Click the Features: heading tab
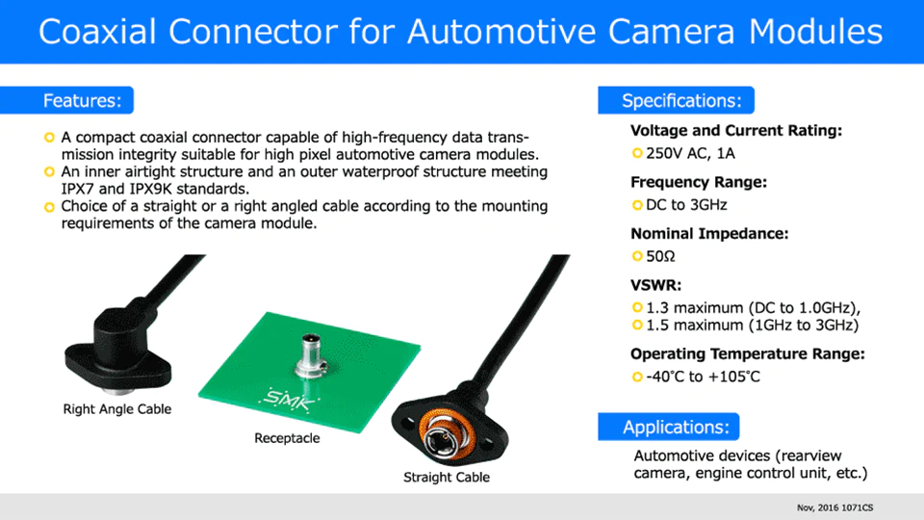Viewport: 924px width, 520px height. [x=66, y=100]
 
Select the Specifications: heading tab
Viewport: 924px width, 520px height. [x=676, y=100]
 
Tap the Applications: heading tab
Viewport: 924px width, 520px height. [x=668, y=427]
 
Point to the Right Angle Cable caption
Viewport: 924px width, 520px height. [x=117, y=409]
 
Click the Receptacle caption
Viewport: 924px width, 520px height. [x=287, y=438]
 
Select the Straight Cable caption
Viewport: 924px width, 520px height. [x=447, y=477]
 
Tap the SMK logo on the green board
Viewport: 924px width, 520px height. [x=289, y=399]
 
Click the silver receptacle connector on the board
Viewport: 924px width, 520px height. [x=311, y=355]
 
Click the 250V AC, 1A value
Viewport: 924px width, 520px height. [x=691, y=154]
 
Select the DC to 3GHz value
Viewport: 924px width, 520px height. [x=686, y=205]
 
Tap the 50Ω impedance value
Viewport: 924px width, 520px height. [x=660, y=256]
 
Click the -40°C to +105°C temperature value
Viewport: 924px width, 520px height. [x=703, y=377]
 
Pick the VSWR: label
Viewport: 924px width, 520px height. [x=655, y=285]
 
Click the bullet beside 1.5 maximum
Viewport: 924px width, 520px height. [x=637, y=325]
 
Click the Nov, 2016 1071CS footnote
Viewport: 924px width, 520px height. [x=835, y=507]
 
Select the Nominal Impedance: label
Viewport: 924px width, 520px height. [x=709, y=234]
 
